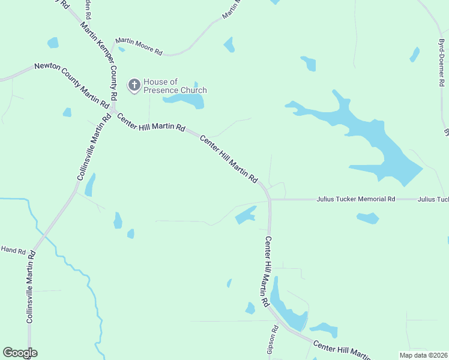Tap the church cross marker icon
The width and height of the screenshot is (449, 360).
click(x=134, y=86)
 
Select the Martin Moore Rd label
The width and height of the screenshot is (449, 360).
click(x=139, y=47)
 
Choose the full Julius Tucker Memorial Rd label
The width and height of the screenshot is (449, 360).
click(x=356, y=199)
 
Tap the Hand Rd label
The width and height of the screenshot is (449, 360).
click(x=13, y=249)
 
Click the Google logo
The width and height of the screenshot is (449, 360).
click(x=20, y=353)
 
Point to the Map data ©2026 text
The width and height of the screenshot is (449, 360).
click(x=423, y=355)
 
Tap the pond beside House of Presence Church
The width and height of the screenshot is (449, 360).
click(x=184, y=101)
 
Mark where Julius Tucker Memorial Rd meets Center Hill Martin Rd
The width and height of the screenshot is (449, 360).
click(x=270, y=199)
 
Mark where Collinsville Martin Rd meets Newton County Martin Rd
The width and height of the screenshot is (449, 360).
click(x=112, y=111)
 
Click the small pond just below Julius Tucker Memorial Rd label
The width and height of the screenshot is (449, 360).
click(x=367, y=218)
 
